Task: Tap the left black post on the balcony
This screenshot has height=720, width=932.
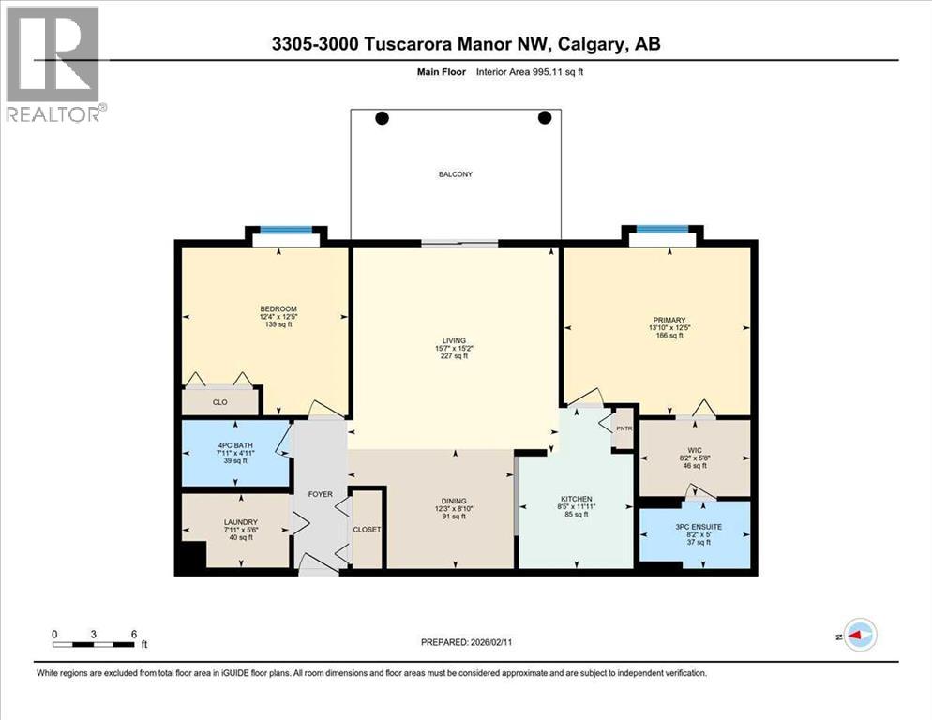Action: (x=382, y=118)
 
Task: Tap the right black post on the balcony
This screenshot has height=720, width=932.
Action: (x=545, y=118)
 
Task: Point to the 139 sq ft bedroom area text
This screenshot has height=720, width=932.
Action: (x=278, y=323)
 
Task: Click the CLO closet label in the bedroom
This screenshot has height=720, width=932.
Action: (x=219, y=402)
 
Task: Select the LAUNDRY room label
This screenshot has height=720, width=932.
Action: (x=241, y=522)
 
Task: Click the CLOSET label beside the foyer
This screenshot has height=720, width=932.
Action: (x=367, y=530)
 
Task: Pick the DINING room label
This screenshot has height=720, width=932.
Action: (x=455, y=501)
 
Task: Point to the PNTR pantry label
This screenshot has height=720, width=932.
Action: (x=624, y=428)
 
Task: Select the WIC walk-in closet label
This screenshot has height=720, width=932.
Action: (x=695, y=448)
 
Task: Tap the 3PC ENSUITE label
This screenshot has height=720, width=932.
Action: (x=695, y=527)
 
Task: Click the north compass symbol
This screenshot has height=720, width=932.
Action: (x=859, y=635)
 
